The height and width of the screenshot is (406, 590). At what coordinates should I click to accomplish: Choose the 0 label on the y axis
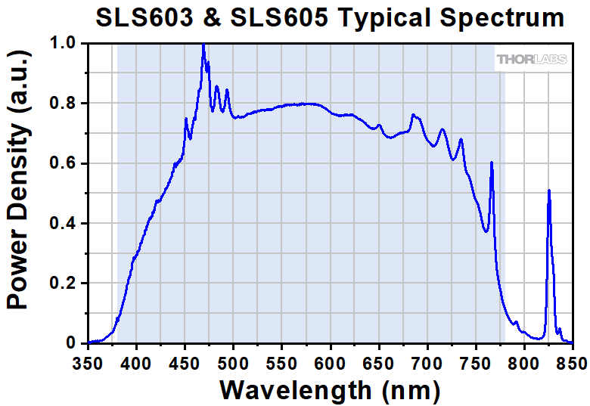73,343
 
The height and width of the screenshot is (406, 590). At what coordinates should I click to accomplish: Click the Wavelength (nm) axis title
330,390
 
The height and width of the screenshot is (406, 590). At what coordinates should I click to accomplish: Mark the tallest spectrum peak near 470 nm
203,45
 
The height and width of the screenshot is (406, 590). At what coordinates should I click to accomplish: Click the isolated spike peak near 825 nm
548,191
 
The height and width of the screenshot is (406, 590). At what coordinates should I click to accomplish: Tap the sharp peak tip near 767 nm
492,163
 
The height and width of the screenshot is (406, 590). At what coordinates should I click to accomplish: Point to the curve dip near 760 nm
486,231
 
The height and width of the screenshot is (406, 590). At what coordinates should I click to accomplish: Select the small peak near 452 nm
186,119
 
